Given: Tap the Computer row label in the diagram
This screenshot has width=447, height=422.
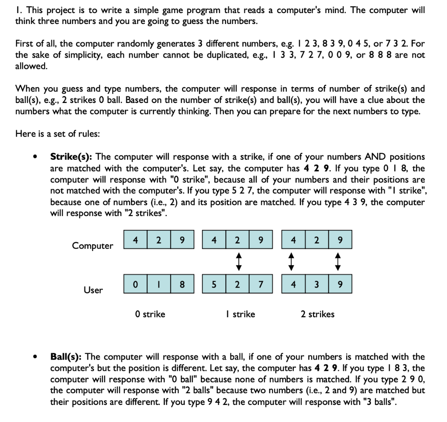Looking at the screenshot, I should [93, 246].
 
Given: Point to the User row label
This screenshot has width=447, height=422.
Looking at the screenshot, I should [93, 290].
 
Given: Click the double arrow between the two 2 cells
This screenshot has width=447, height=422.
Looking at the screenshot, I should [237, 262].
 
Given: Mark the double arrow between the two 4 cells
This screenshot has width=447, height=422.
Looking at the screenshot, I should [292, 262].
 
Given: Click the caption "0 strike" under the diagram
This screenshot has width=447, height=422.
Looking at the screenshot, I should [150, 314].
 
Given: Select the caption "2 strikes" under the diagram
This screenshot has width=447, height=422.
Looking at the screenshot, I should [318, 314].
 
